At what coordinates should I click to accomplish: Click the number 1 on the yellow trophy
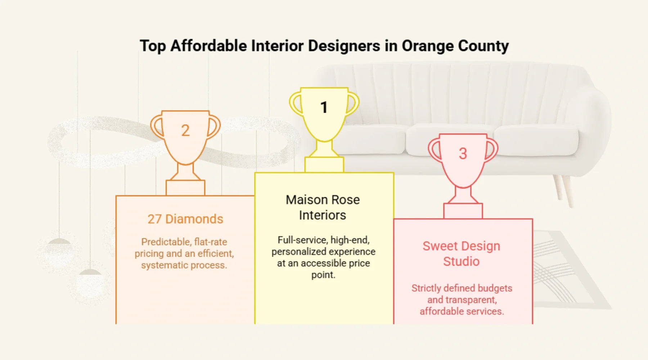pyautogui.click(x=324, y=107)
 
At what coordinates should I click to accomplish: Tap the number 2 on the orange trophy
pyautogui.click(x=185, y=130)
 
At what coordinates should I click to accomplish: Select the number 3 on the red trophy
pyautogui.click(x=463, y=154)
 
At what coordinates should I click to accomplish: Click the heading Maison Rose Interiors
pyautogui.click(x=323, y=207)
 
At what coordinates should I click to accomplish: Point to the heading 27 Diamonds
pyautogui.click(x=185, y=219)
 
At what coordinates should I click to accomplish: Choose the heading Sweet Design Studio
pyautogui.click(x=461, y=253)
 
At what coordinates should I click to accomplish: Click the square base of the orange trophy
pyautogui.click(x=185, y=188)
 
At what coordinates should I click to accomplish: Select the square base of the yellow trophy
pyautogui.click(x=324, y=165)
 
